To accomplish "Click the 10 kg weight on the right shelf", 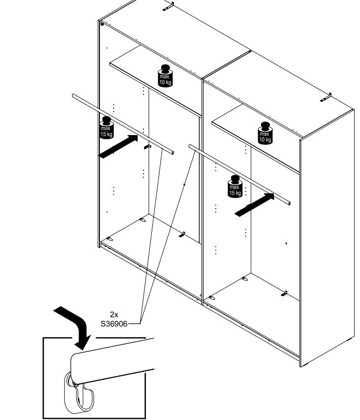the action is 265,133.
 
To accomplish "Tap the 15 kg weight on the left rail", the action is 106,129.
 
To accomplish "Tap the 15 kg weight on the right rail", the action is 235,186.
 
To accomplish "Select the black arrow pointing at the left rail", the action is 118,146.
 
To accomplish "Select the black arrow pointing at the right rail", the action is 253,204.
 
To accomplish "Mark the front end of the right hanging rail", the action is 289,203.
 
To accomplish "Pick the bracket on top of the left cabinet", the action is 168,6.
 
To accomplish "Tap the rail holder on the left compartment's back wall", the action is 146,146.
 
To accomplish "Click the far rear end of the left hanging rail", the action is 74,97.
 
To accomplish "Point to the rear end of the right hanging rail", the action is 192,147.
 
